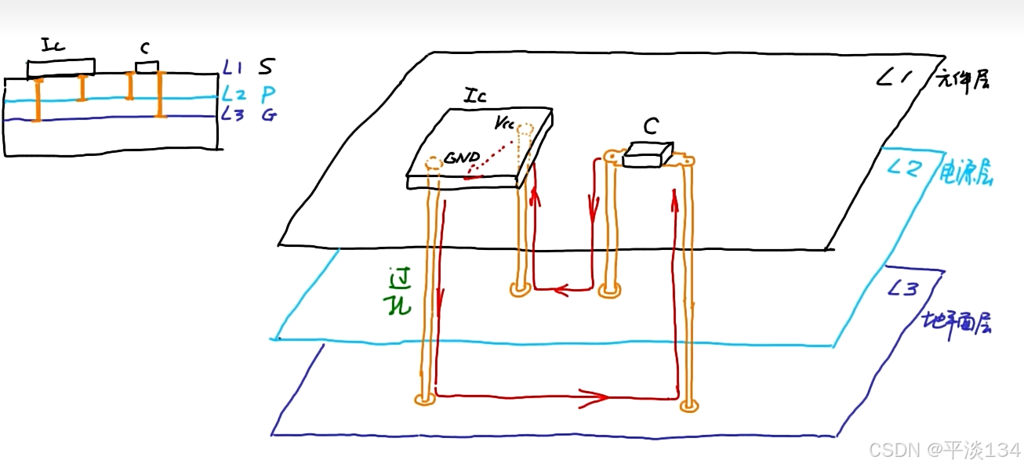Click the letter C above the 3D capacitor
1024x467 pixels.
click(650, 125)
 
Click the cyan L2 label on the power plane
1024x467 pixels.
click(906, 168)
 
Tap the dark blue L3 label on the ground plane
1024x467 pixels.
click(902, 289)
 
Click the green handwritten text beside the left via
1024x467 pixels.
click(401, 291)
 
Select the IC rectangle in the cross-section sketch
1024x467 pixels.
click(60, 68)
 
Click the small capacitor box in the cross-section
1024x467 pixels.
click(147, 67)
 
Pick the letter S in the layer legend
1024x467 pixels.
click(267, 69)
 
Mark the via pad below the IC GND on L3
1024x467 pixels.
click(424, 400)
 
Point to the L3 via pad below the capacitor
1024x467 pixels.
click(688, 405)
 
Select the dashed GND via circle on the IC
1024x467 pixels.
click(432, 164)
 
